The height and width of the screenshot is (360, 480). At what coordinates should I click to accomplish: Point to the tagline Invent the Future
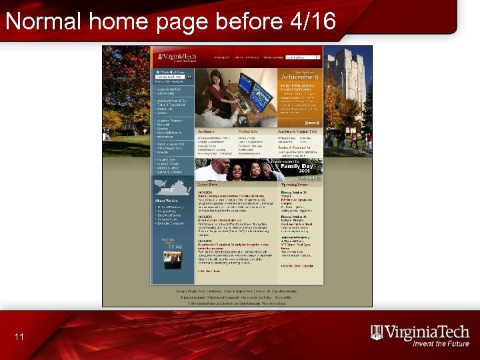click(x=440, y=344)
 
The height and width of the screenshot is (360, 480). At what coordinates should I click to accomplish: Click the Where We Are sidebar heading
click(x=166, y=200)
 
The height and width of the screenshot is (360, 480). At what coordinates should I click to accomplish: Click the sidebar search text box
click(x=169, y=77)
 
